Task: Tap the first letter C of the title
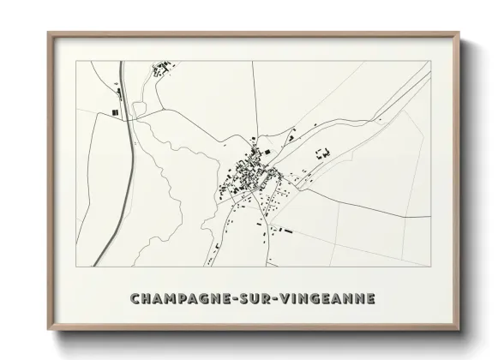[x=135, y=298]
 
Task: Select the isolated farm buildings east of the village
[x=324, y=153]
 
